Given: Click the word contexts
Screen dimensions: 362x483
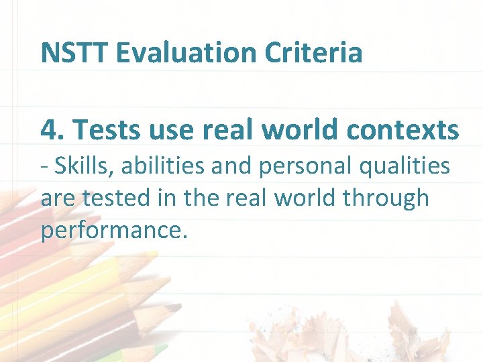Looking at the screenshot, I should [x=402, y=129].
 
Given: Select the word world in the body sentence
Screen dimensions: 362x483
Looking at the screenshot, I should [x=304, y=198].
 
